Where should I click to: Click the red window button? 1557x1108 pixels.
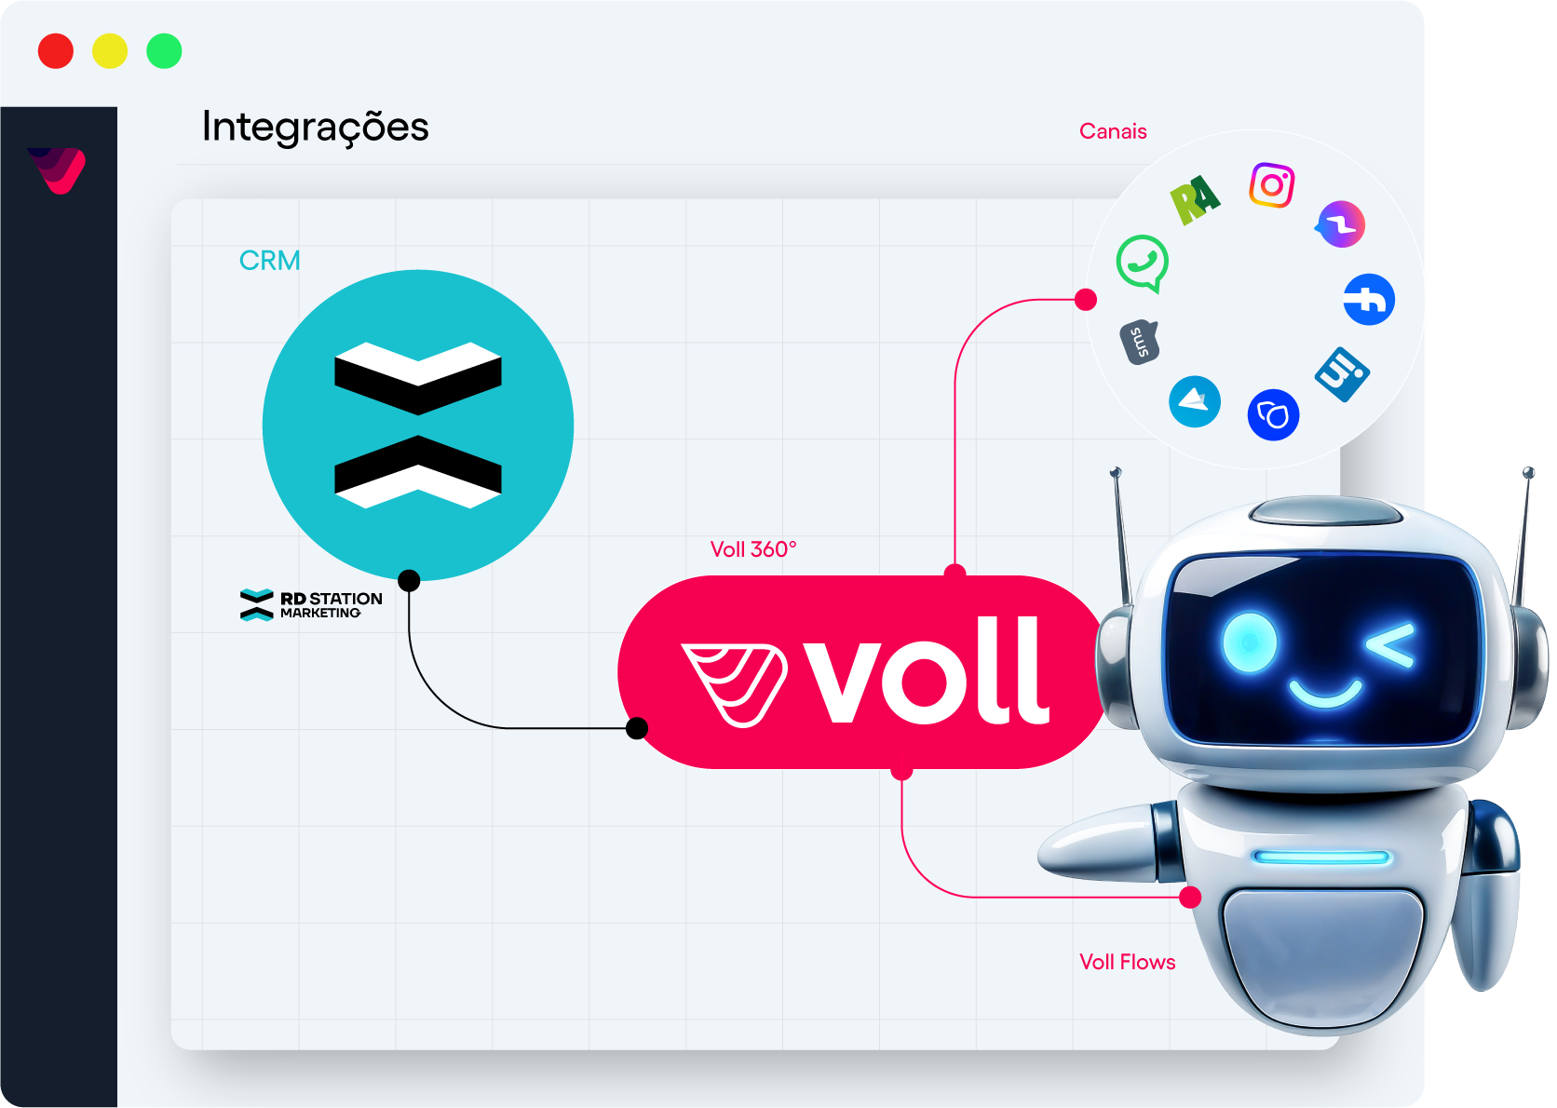coord(56,51)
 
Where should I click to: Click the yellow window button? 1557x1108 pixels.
coord(110,51)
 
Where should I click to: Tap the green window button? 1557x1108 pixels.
coord(164,51)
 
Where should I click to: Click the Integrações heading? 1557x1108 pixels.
coord(315,127)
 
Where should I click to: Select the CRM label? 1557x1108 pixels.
coord(269,261)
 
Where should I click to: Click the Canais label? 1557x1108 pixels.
coord(1113,131)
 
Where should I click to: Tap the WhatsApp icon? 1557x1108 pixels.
coord(1143,263)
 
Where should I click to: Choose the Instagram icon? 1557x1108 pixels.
coord(1272,185)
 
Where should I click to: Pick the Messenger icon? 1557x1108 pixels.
coord(1341,224)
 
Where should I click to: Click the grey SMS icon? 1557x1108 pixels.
coord(1139,343)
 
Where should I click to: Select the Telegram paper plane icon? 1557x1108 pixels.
coord(1195,401)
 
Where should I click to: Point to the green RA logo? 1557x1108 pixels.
coord(1194,198)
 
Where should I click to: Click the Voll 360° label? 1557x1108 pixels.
coord(753,549)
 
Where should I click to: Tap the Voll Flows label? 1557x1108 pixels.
coord(1127,962)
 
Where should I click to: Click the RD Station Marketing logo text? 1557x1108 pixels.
coord(330,604)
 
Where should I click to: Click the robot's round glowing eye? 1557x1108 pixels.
coord(1249,642)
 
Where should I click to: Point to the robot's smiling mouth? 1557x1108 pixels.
coord(1324,693)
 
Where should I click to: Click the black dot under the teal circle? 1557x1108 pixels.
coord(409,581)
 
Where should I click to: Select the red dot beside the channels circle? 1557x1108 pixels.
coord(1086,300)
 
